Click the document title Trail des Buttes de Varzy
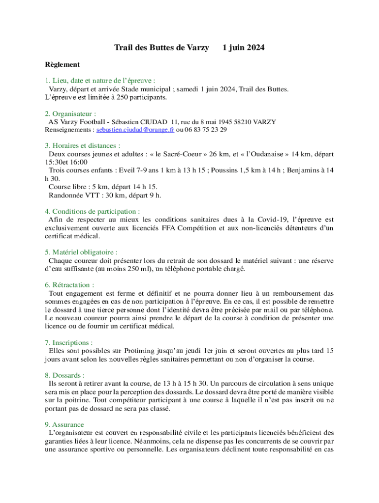(161, 48)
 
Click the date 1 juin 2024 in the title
(244, 48)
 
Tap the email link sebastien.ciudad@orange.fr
(135, 130)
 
